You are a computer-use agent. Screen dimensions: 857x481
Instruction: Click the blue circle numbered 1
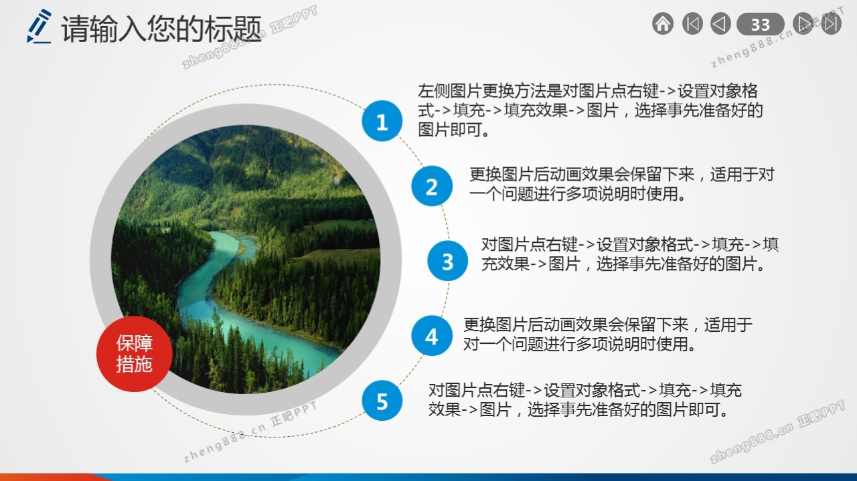(382, 121)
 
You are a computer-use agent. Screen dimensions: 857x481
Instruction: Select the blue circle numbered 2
(432, 186)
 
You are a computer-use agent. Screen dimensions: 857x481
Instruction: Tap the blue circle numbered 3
(447, 261)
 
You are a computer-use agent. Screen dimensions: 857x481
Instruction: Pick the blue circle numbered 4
(432, 336)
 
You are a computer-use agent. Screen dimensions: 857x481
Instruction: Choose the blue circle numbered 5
(382, 401)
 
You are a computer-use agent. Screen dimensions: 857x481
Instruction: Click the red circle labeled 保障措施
(135, 354)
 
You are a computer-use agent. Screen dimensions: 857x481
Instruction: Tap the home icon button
(663, 23)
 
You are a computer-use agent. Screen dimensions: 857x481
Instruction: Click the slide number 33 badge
(760, 24)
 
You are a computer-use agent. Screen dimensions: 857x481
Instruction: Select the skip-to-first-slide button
(692, 23)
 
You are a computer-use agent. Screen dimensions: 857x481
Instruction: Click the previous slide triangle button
(720, 23)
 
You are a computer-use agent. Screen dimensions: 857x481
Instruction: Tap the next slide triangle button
(803, 23)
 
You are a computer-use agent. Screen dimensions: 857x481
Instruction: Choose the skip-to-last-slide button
(831, 23)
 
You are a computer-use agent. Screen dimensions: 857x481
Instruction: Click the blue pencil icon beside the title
(39, 26)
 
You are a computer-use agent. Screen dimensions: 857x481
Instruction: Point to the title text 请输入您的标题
(161, 29)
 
